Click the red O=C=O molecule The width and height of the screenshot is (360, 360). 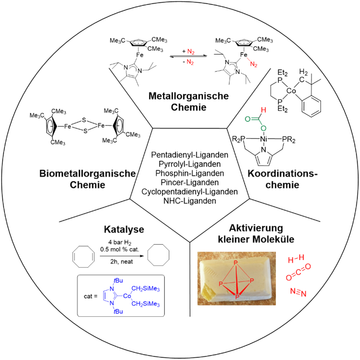[x=298, y=274]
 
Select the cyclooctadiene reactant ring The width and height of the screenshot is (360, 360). [x=84, y=257]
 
